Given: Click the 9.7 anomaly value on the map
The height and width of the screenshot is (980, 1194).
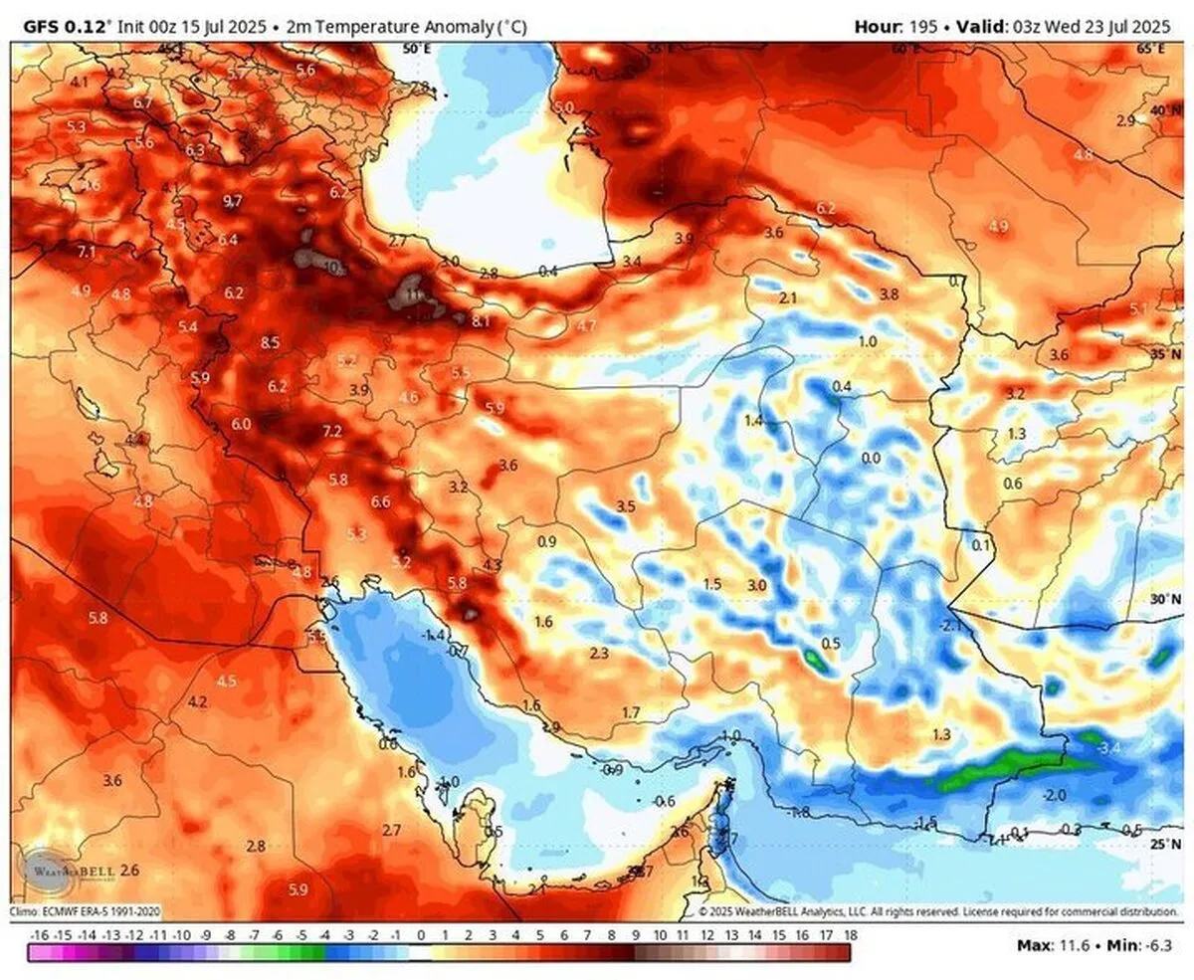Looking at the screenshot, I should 232,201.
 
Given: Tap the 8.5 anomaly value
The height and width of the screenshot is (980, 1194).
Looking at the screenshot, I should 270,343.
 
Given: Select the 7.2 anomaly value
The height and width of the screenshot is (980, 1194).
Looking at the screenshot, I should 332,431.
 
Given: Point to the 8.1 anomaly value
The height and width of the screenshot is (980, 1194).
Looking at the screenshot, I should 482,320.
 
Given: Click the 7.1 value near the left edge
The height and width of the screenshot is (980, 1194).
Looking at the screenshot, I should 87,252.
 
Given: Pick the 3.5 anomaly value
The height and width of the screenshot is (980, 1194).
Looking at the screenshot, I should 626,506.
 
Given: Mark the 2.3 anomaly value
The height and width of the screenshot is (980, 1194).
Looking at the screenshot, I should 599,653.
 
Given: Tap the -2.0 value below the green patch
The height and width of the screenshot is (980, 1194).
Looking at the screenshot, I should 1056,795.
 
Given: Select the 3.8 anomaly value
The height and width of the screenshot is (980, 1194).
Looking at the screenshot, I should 890,294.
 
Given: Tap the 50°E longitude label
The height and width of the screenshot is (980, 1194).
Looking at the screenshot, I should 415,48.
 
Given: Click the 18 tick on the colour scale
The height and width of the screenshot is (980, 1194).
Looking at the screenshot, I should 851,936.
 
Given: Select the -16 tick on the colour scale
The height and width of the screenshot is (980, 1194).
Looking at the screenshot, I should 40,936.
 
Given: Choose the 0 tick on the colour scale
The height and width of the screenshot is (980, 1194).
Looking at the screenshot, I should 421,936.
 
